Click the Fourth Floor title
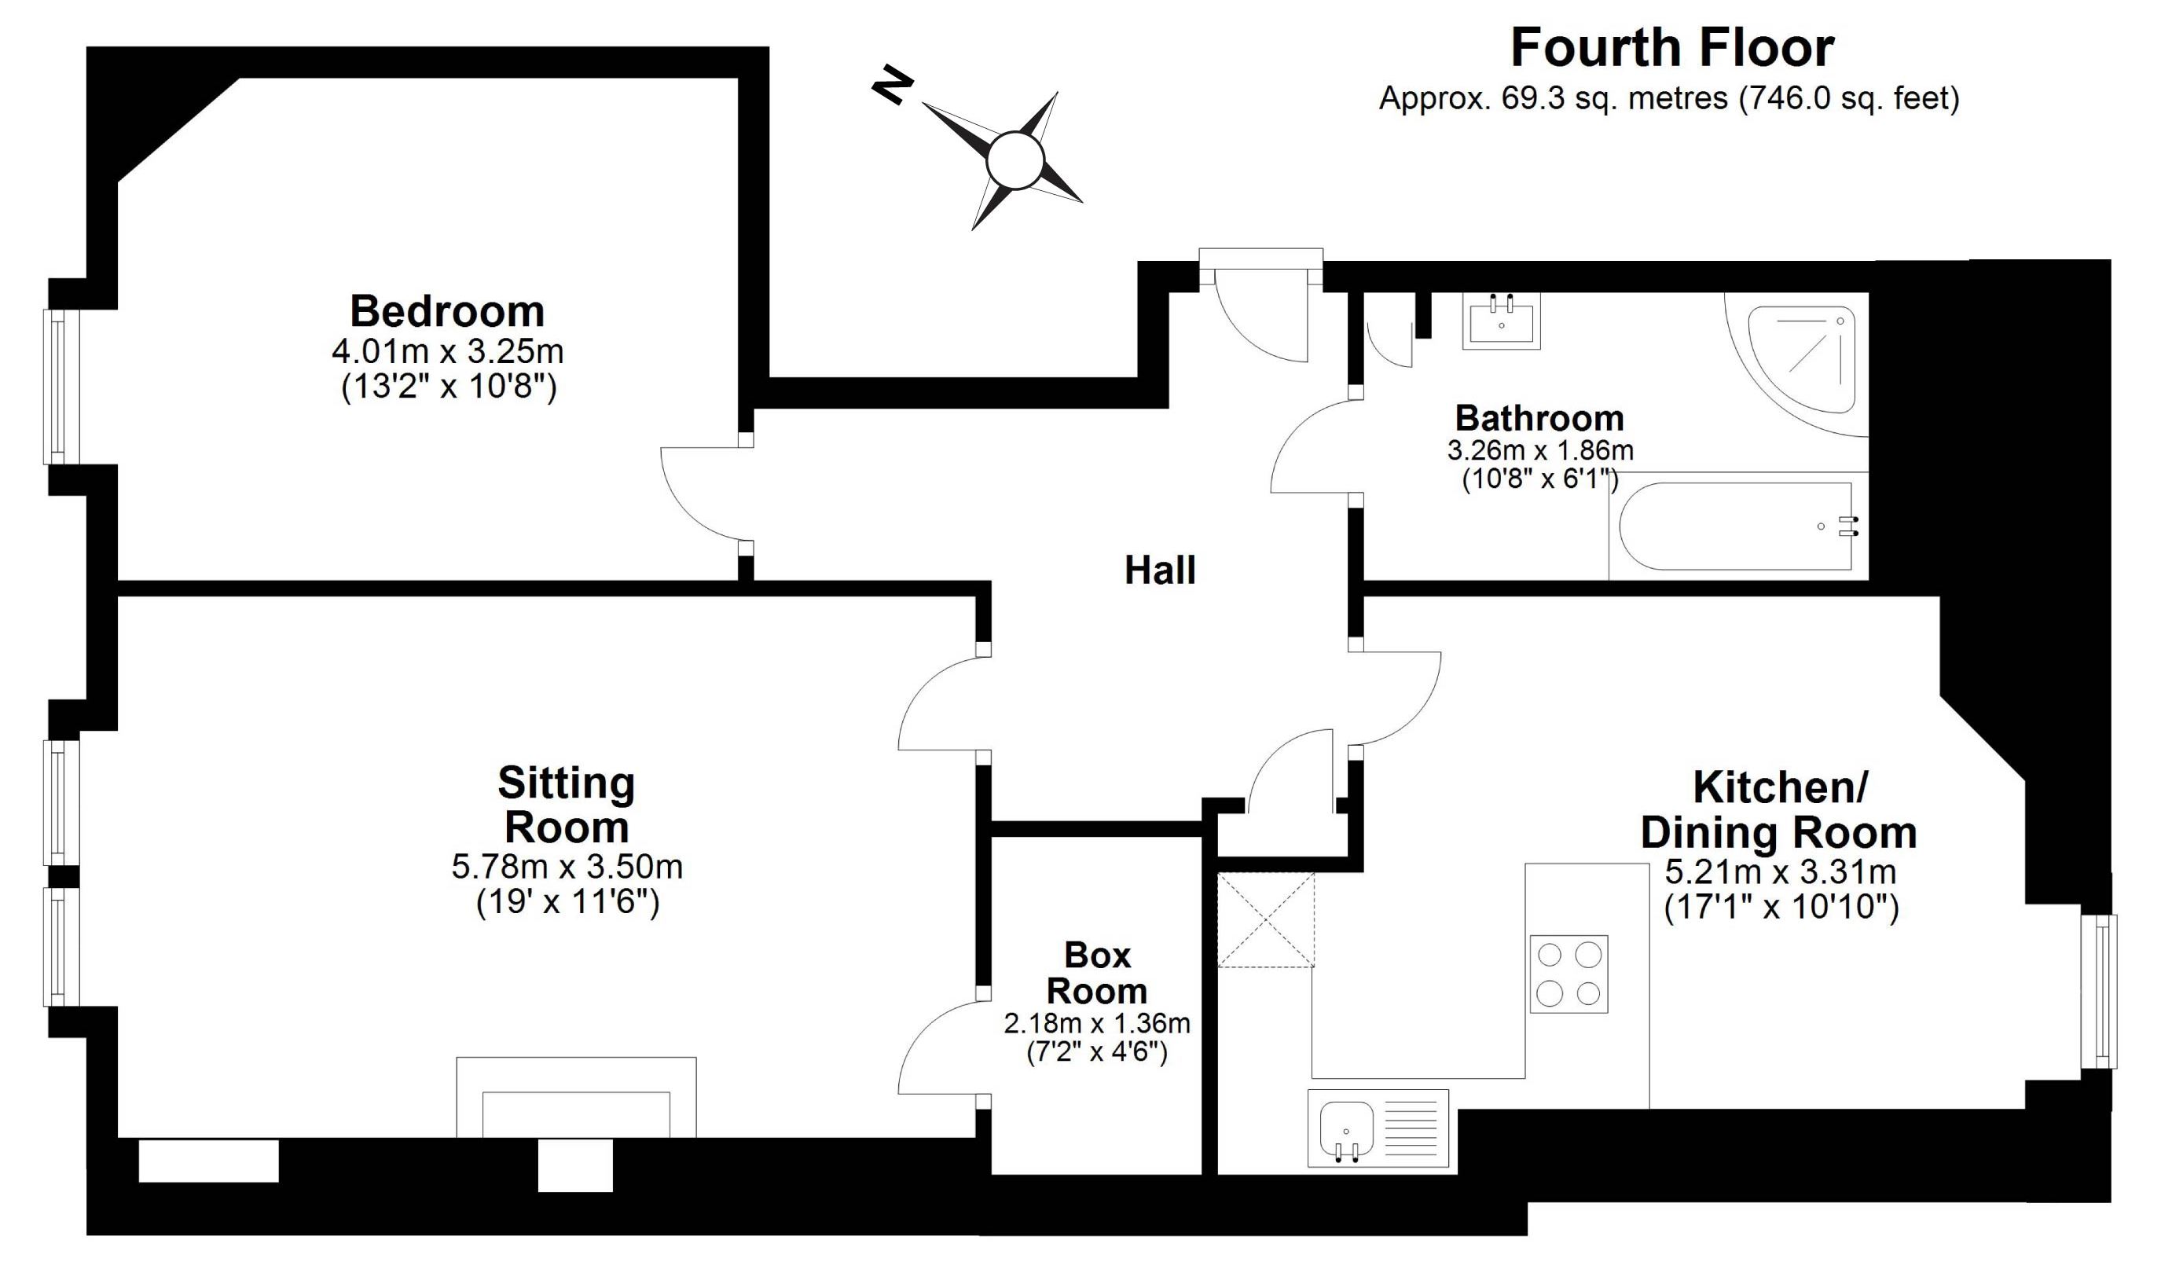[1671, 49]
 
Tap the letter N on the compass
[892, 86]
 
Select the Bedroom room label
[446, 310]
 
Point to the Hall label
[1159, 570]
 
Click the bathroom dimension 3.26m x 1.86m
[1540, 451]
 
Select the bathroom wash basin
[1501, 320]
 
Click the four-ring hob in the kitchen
[1568, 974]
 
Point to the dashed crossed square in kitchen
[1266, 919]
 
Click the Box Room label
[1097, 973]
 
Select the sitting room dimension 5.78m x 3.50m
[567, 866]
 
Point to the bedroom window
[61, 387]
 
